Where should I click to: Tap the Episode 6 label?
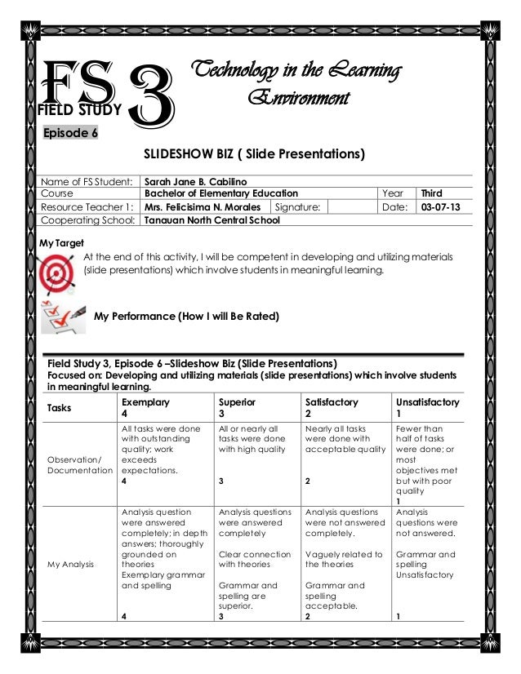[x=70, y=134]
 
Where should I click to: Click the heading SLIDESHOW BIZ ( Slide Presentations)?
[x=254, y=154]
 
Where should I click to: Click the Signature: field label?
[x=299, y=207]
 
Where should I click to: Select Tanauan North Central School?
[x=212, y=220]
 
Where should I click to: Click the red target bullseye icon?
[x=57, y=269]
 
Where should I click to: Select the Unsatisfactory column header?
[x=427, y=402]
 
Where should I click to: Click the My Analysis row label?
[x=71, y=564]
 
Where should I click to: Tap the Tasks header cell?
[x=60, y=408]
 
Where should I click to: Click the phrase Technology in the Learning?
[x=294, y=73]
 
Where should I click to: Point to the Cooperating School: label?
[x=89, y=220]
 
